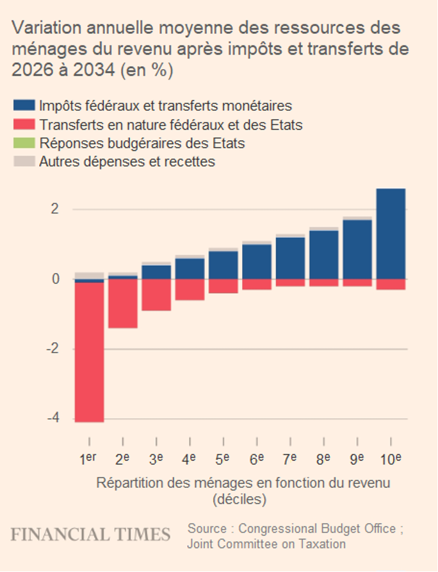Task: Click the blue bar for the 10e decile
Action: pos(390,234)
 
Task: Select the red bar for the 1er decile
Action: pos(89,351)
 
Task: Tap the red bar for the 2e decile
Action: pos(122,303)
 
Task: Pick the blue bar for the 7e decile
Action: pos(290,258)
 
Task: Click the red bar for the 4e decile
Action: pos(190,289)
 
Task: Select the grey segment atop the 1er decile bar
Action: pos(89,276)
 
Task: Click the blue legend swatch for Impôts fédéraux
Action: pos(24,105)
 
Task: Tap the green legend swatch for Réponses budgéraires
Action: pos(24,142)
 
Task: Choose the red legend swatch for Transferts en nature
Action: pos(24,124)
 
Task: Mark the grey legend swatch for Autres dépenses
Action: pos(24,161)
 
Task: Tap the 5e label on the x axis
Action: pos(223,459)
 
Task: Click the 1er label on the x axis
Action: pos(88,459)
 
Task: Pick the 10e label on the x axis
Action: pos(391,459)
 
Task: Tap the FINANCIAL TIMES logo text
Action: pos(90,534)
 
